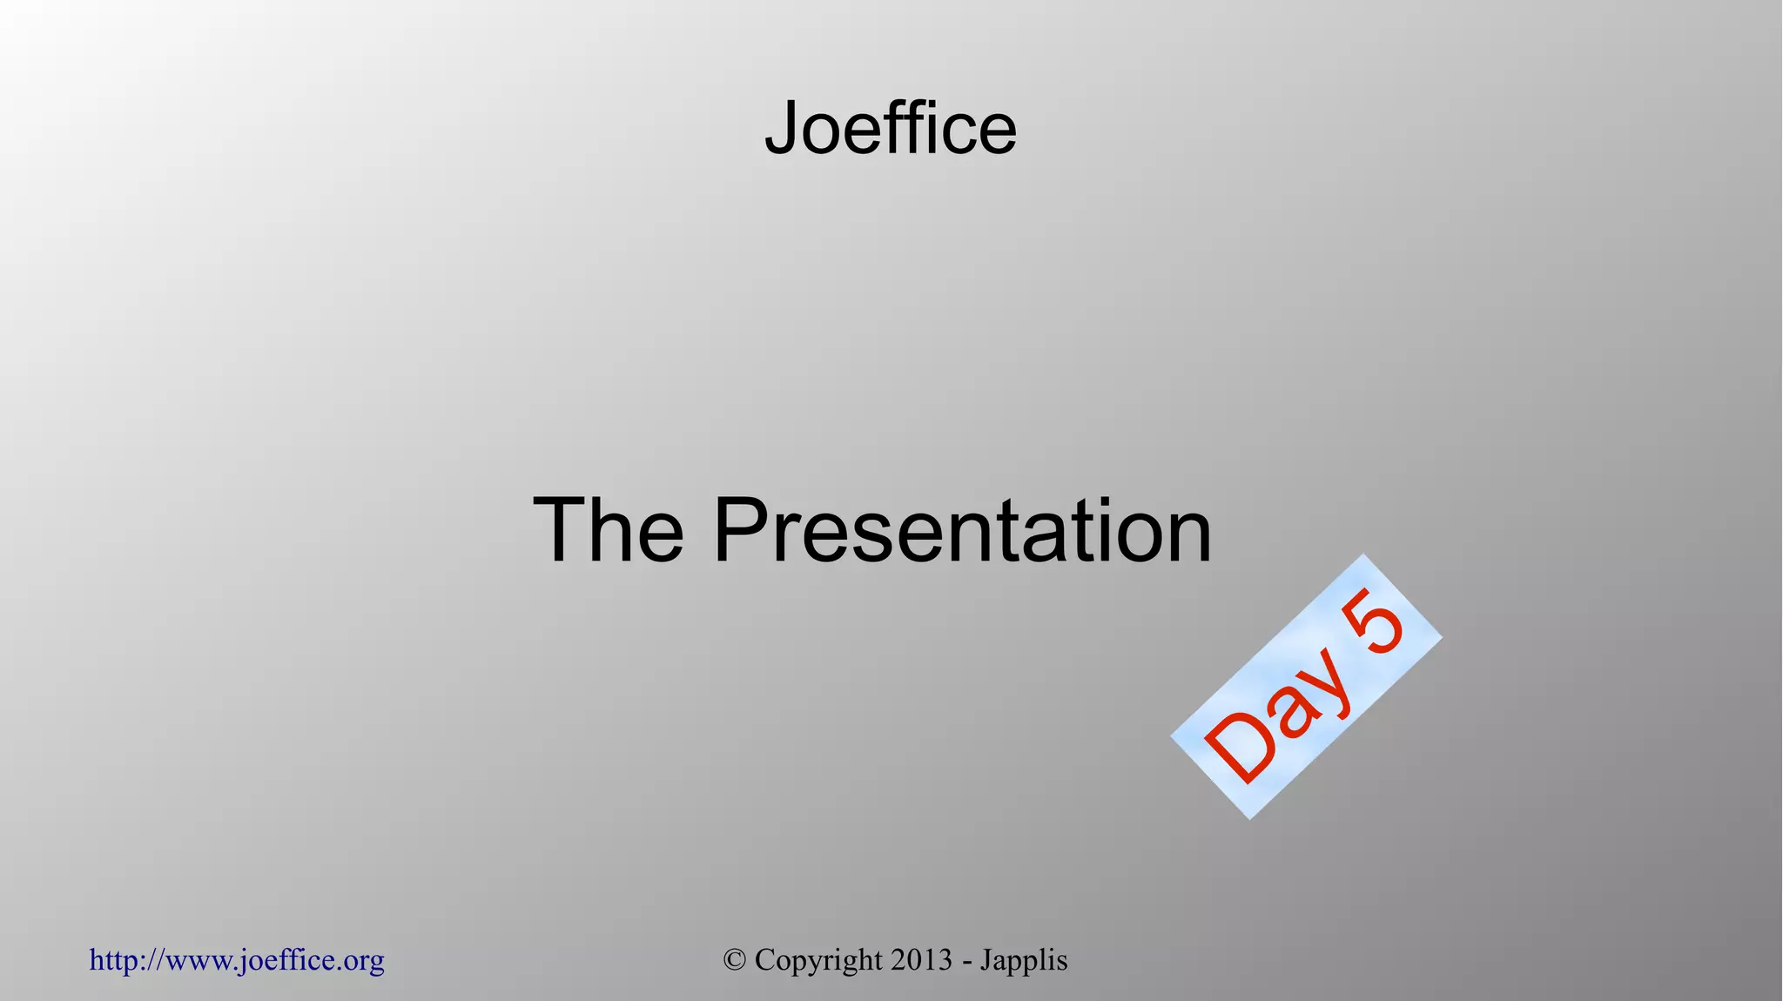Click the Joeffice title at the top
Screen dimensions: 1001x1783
(891, 128)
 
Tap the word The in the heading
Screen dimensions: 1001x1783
(608, 531)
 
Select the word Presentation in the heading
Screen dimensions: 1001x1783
(962, 531)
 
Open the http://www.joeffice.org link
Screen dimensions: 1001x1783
(237, 960)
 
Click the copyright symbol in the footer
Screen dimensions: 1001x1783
(734, 960)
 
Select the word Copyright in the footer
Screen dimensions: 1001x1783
(818, 960)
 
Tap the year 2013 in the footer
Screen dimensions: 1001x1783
(921, 960)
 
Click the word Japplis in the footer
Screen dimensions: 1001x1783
(1024, 960)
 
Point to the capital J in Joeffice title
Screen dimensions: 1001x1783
(781, 128)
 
